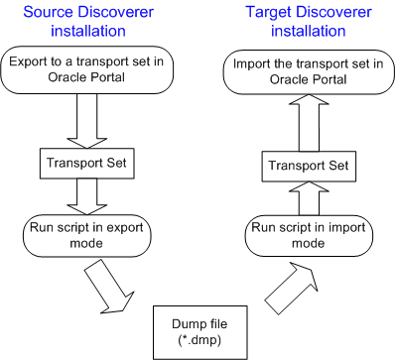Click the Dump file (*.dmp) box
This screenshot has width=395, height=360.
tap(197, 327)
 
